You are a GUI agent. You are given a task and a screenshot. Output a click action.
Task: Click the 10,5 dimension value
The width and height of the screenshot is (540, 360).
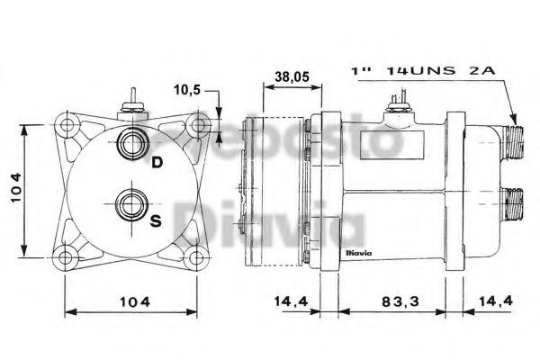coord(186,90)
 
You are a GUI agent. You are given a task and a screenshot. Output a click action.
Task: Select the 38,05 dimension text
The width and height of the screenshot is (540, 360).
coord(292,78)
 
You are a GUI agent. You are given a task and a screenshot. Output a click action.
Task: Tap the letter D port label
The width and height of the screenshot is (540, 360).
coord(157,163)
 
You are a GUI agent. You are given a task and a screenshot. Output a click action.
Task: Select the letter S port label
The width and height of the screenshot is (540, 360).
coord(157,221)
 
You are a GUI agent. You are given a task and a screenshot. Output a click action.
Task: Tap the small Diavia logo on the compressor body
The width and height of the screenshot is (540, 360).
coord(358,254)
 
